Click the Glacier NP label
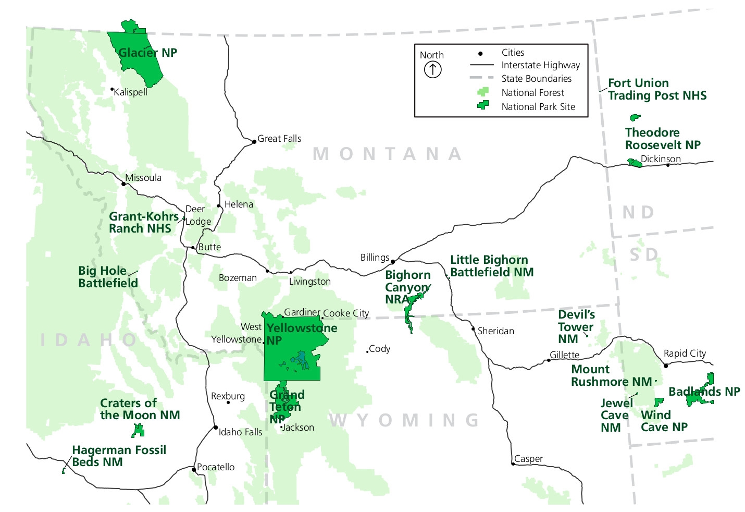point(148,53)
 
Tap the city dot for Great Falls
point(254,141)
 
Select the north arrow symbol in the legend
point(432,69)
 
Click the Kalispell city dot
point(112,89)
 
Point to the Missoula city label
point(143,178)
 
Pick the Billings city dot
point(393,262)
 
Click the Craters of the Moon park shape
point(138,430)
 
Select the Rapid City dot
point(665,365)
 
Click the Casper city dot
point(513,464)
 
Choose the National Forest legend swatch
point(483,92)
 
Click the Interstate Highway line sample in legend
point(481,65)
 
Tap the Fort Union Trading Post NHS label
point(657,89)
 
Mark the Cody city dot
point(367,351)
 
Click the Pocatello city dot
point(194,470)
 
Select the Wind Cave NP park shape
point(659,402)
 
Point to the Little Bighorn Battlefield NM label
point(492,266)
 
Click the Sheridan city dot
point(473,329)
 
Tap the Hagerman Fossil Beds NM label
point(119,456)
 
